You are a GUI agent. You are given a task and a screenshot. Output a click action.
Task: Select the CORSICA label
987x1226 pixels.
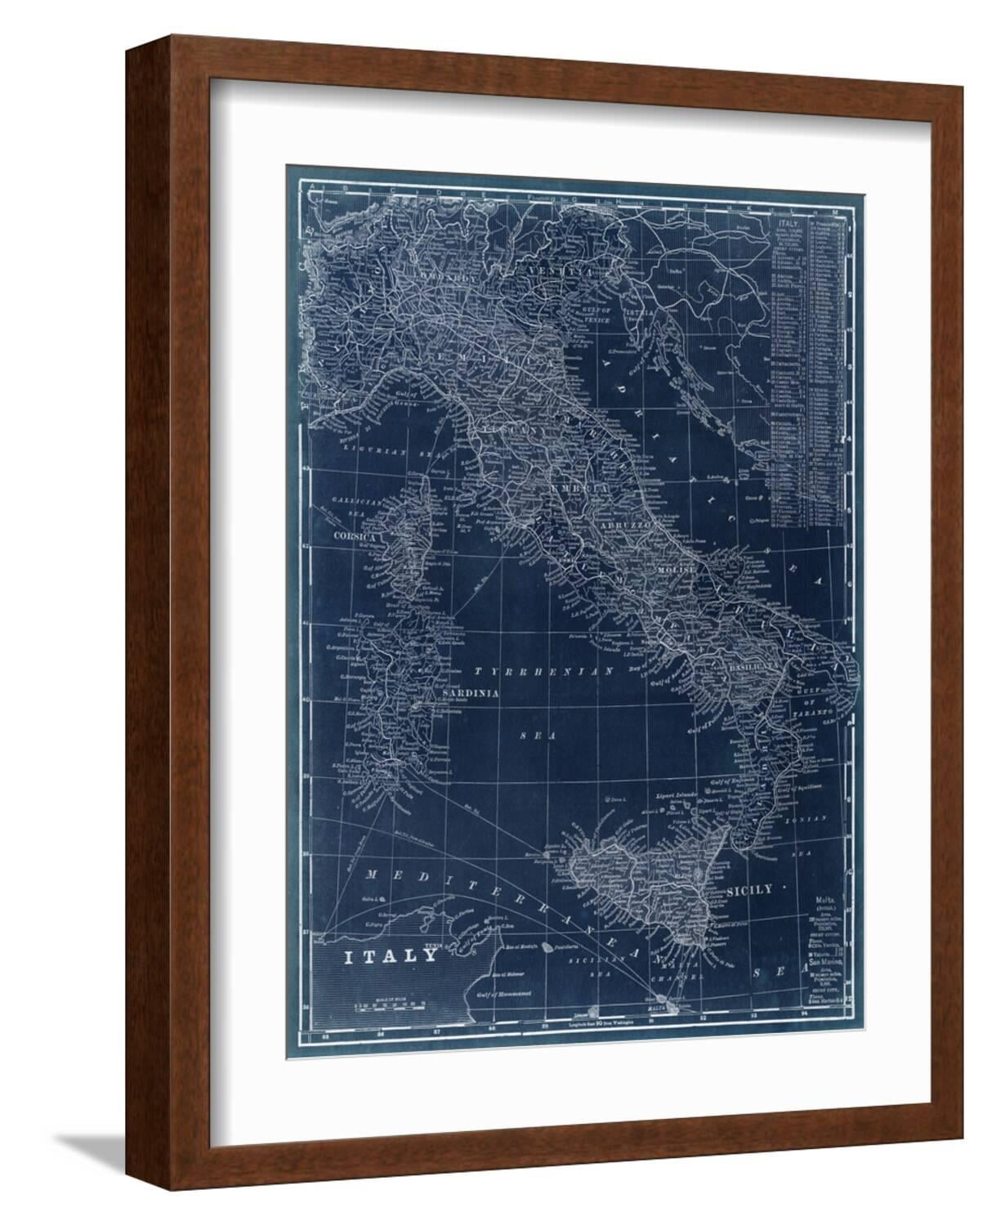tap(353, 536)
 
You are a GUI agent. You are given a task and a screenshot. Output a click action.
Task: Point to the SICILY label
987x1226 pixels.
tap(748, 891)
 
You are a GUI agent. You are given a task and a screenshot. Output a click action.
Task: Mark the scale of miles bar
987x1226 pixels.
tap(382, 1010)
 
